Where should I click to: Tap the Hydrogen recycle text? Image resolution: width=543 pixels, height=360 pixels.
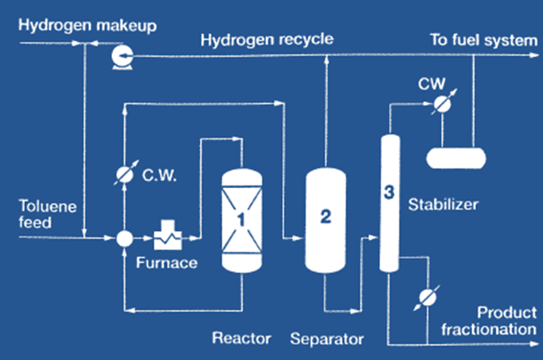(267, 39)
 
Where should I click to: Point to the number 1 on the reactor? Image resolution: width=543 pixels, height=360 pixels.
(242, 216)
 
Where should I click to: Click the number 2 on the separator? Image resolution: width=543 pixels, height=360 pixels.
(326, 216)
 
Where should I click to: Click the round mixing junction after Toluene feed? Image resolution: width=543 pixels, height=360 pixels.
(125, 238)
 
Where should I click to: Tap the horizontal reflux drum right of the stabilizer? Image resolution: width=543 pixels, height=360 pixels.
(456, 158)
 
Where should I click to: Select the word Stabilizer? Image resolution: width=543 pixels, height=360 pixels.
(445, 204)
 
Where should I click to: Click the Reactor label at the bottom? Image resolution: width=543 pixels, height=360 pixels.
(241, 339)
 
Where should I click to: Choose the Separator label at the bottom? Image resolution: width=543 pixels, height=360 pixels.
(327, 339)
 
